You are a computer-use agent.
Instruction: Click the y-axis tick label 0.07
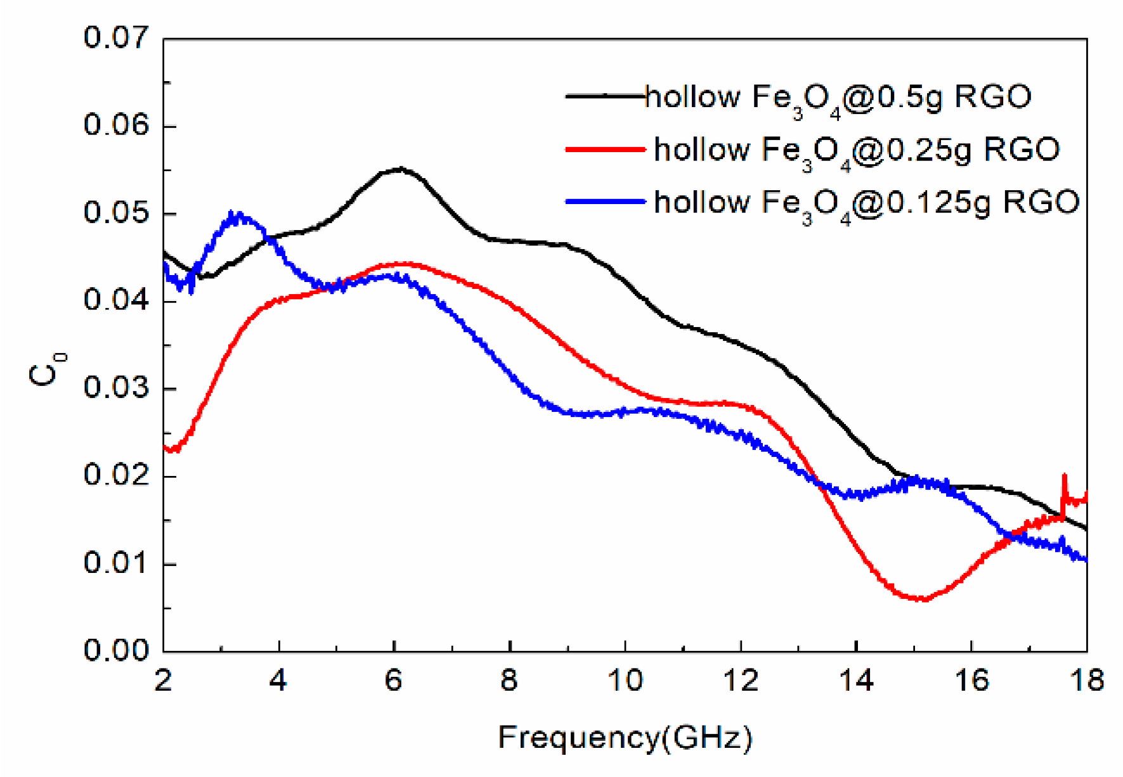click(x=116, y=38)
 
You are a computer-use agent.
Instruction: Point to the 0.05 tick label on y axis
click(x=116, y=213)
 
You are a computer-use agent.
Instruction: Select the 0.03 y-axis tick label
click(x=116, y=388)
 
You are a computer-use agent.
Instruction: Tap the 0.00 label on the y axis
click(x=116, y=651)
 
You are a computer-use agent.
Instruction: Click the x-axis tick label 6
click(x=394, y=681)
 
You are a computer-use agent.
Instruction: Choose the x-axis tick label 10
click(x=625, y=681)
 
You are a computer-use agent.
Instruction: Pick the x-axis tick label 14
click(x=856, y=681)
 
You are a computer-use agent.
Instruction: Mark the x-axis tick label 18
click(x=1087, y=681)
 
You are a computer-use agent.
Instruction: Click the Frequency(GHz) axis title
click(x=625, y=738)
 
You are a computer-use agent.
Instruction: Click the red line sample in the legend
click(x=605, y=150)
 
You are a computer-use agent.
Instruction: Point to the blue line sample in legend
click(x=605, y=202)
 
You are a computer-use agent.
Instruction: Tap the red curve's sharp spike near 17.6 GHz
click(x=1064, y=475)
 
